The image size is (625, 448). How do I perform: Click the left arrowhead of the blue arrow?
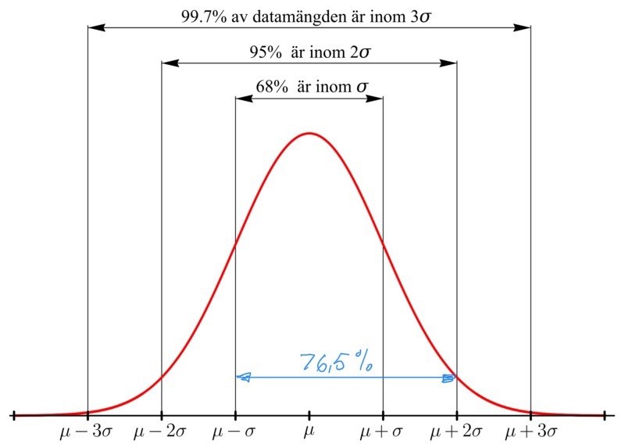point(243,378)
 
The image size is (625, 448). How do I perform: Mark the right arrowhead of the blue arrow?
point(449,378)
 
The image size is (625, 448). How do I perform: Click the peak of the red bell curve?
point(309,133)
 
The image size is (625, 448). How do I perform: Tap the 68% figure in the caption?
point(271,88)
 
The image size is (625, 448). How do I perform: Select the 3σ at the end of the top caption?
point(420,14)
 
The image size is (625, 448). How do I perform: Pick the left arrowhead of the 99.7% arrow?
point(94,27)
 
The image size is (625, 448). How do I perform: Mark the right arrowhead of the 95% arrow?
point(452,63)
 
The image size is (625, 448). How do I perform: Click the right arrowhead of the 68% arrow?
point(377,99)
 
